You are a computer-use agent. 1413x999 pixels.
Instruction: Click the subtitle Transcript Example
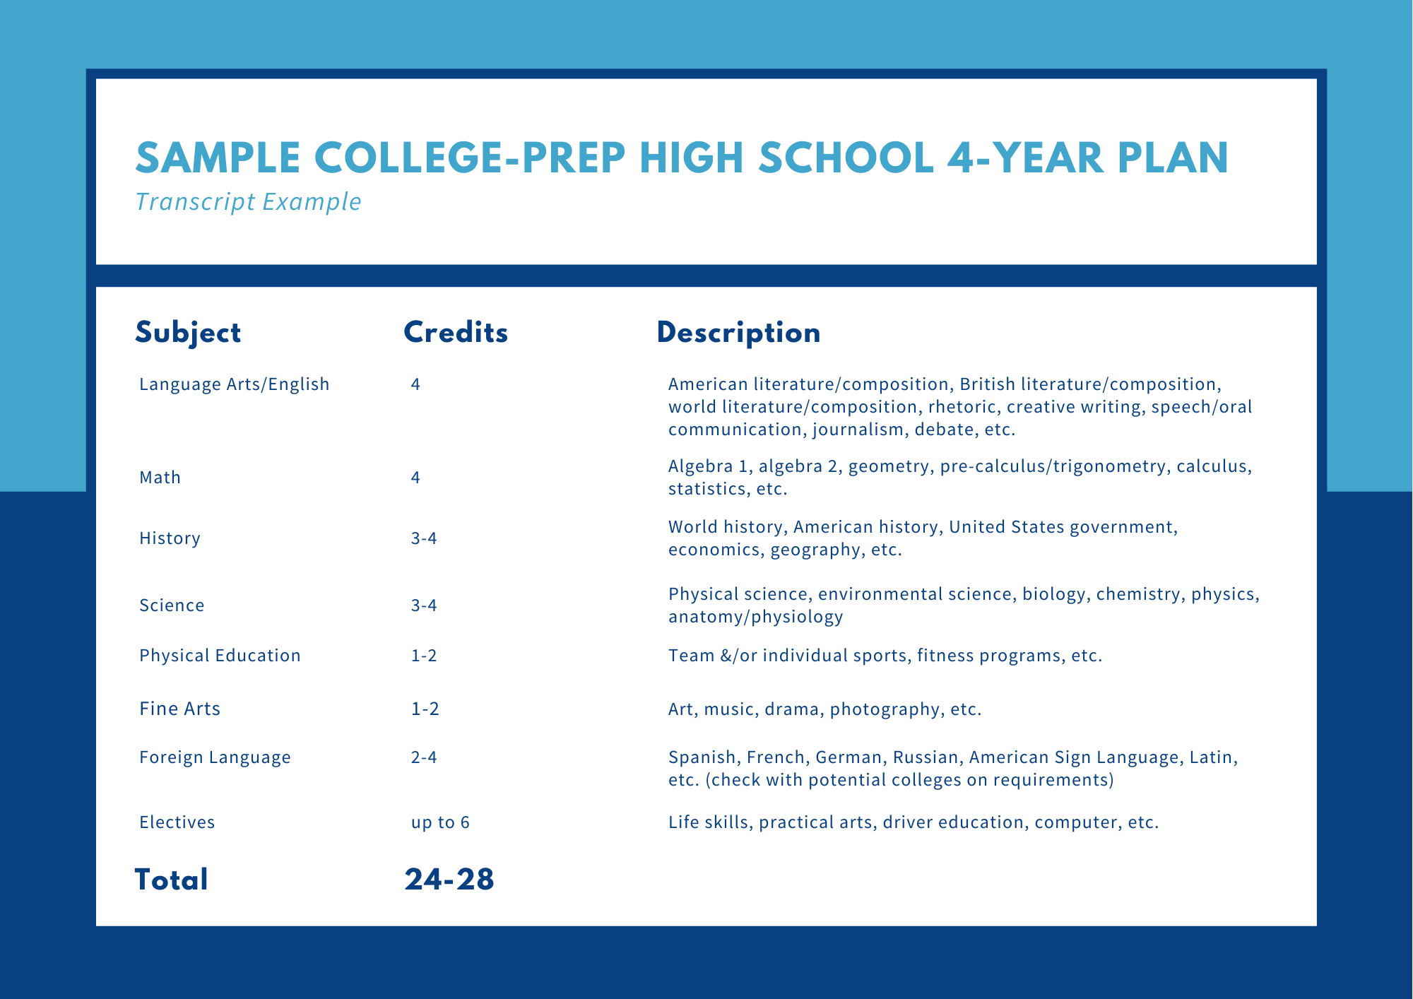248,202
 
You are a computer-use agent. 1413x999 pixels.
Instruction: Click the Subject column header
188,333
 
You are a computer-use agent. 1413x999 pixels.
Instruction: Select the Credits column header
456,333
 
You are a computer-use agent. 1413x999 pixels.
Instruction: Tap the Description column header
738,333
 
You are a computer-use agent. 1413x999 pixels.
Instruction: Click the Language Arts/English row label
235,384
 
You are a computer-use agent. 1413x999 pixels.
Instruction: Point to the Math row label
160,478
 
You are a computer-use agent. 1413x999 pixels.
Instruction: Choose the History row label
170,538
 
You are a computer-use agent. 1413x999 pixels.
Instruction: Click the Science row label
172,605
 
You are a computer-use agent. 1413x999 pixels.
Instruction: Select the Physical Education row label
220,656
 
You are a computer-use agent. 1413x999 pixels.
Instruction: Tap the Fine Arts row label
179,709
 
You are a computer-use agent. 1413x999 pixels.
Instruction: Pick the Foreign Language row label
215,757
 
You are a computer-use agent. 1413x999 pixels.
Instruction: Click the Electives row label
177,822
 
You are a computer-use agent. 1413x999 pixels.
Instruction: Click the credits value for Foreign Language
424,757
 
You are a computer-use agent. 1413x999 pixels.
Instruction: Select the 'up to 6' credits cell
440,823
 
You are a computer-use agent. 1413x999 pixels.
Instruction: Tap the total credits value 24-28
449,880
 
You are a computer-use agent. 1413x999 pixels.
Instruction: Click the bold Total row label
172,880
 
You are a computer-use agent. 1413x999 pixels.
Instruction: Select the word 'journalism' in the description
858,430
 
